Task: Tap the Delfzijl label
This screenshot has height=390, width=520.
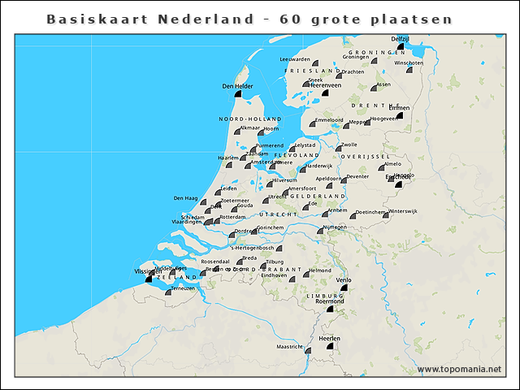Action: pyautogui.click(x=400, y=39)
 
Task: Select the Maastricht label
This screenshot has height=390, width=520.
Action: pyautogui.click(x=289, y=347)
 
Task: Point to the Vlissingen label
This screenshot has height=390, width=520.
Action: pyautogui.click(x=147, y=272)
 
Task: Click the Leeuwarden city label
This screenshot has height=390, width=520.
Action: pyautogui.click(x=295, y=59)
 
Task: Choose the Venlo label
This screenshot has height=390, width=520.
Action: pyautogui.click(x=344, y=279)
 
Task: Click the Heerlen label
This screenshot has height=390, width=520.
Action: pyautogui.click(x=329, y=337)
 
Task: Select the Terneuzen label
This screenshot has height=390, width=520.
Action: pyautogui.click(x=181, y=288)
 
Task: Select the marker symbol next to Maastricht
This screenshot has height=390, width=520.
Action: pyautogui.click(x=307, y=348)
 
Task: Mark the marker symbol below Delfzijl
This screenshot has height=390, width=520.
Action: pyautogui.click(x=401, y=47)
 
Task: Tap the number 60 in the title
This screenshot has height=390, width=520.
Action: pyautogui.click(x=290, y=18)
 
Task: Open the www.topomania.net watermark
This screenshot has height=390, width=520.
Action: pyautogui.click(x=460, y=370)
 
